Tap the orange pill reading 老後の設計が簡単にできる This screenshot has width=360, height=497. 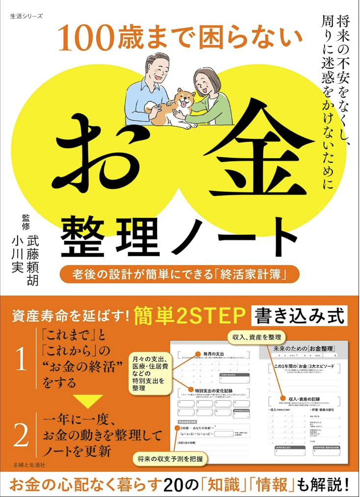179,273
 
